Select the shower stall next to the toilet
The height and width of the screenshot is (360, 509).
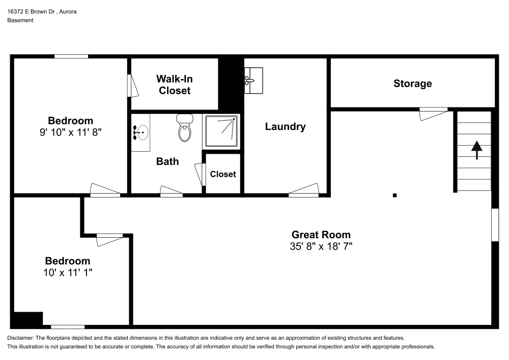221,131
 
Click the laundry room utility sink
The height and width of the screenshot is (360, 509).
253,80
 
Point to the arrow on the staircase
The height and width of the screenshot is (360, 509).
476,150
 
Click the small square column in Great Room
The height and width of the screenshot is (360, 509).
394,195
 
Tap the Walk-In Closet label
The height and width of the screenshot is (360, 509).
174,85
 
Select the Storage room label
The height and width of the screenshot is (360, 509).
412,84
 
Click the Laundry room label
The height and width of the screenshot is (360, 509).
285,127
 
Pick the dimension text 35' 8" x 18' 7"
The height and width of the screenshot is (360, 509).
321,246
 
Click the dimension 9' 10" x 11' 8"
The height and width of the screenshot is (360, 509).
70,132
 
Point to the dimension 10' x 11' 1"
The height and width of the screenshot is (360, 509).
68,272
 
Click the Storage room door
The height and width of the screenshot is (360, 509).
433,114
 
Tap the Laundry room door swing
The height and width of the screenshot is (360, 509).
303,190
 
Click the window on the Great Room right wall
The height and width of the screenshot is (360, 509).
494,224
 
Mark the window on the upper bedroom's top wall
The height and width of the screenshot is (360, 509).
71,56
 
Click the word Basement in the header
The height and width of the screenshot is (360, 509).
20,20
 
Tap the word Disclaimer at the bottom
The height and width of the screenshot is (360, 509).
20,338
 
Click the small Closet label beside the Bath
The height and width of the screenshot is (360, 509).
223,174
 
